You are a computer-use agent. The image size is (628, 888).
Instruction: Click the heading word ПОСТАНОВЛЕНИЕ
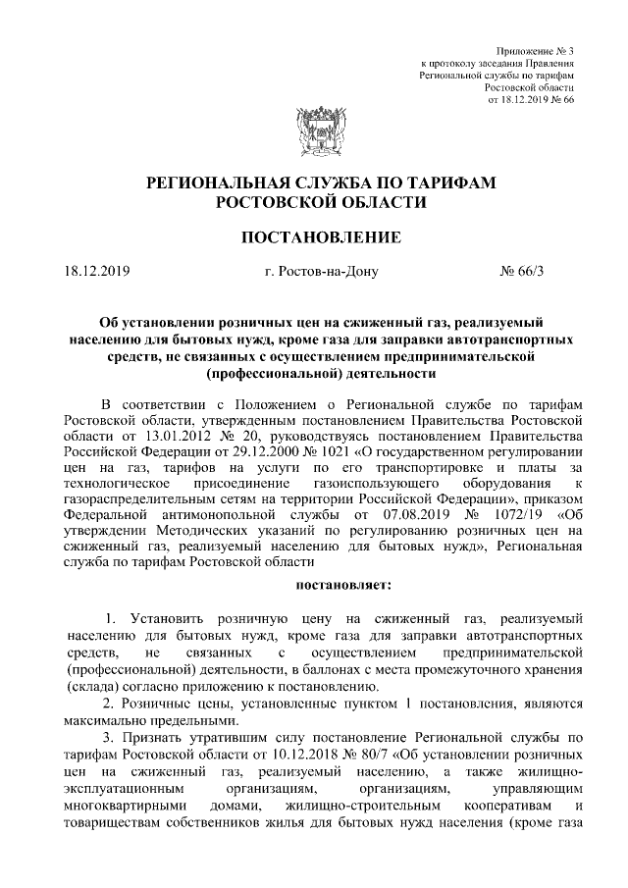(314, 236)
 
